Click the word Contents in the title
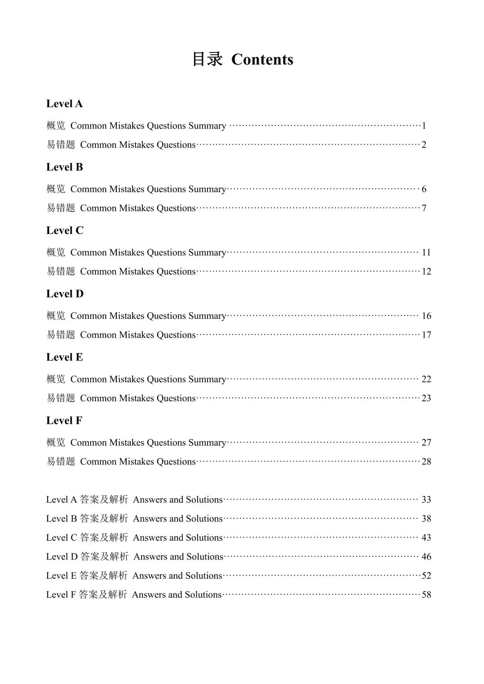(x=262, y=60)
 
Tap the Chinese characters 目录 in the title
(x=207, y=59)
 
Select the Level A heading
(x=65, y=104)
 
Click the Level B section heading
(x=65, y=167)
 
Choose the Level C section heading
(x=65, y=231)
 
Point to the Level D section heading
(x=65, y=294)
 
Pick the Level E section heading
(x=65, y=357)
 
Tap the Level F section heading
(x=65, y=421)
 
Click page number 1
(x=424, y=126)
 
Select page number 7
(x=424, y=208)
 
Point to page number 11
(x=426, y=253)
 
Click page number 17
(x=426, y=335)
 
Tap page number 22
(x=426, y=379)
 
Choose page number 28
(x=426, y=462)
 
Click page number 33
(x=426, y=499)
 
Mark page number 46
(x=426, y=557)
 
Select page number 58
(x=426, y=595)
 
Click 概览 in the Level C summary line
(x=56, y=253)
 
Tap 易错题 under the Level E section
(x=61, y=398)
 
